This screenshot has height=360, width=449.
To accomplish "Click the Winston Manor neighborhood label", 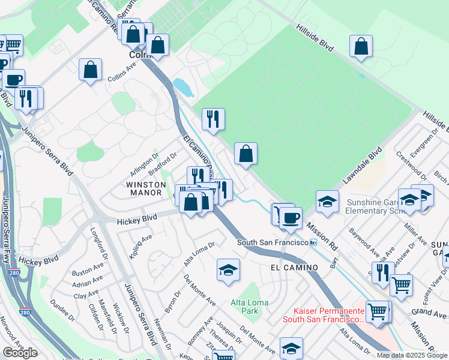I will pos(144,188).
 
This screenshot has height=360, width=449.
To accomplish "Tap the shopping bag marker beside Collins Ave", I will pos(90,70).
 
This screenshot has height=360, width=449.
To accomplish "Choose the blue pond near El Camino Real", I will pos(182,88).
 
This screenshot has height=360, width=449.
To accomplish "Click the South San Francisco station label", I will pos(272,242).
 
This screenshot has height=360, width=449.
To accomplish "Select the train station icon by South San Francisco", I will pos(313,242).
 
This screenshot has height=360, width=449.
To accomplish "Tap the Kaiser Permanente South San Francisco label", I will pos(330,315).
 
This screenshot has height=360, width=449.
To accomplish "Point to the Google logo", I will pos(20,353).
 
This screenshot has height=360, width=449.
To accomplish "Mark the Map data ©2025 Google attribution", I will pos(412,355).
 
